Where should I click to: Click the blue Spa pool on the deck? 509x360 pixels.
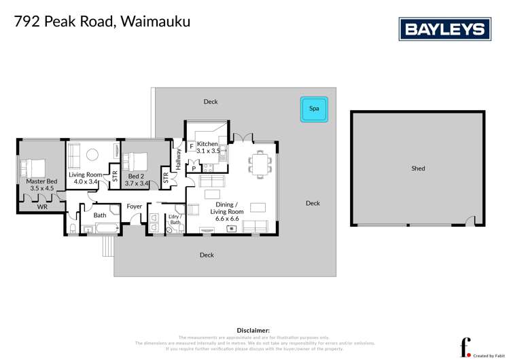point(314,109)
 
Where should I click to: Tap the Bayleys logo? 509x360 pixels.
point(444,29)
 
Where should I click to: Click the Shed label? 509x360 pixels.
point(418,168)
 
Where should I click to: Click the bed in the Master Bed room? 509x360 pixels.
point(33,166)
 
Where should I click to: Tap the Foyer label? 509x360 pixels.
point(134,206)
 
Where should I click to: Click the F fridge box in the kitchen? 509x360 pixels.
point(192,146)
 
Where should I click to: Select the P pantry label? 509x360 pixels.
point(194,168)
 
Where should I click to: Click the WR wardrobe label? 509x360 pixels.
point(42,206)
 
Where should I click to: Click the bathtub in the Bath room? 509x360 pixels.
point(100,230)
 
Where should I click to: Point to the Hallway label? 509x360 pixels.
point(179,160)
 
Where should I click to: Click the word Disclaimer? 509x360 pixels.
point(253,330)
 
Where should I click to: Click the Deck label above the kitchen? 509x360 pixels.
point(211,102)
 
